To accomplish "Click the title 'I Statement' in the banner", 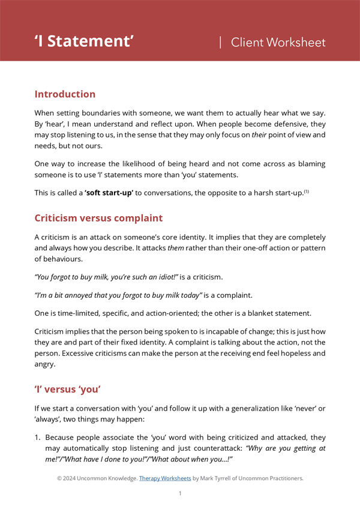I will tap(84, 41).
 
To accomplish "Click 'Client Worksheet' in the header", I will tap(278, 42).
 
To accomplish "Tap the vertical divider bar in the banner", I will tap(220, 42).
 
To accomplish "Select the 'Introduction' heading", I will tap(65, 94).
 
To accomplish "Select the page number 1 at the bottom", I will tap(179, 493).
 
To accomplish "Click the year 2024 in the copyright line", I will tap(72, 478).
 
